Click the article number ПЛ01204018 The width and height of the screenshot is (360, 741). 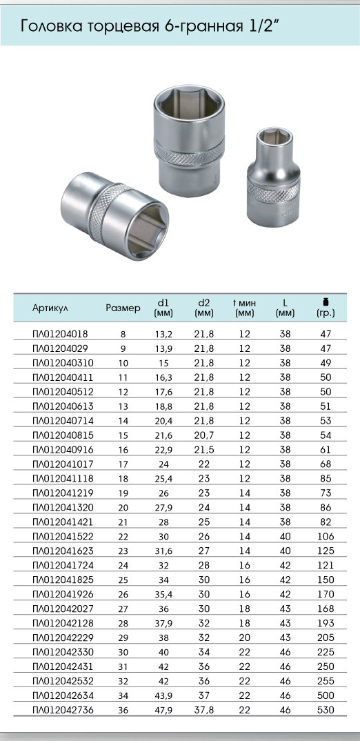(60, 334)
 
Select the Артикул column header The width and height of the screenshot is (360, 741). (50, 308)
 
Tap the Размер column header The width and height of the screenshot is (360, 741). (123, 308)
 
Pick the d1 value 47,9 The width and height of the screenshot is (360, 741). (163, 710)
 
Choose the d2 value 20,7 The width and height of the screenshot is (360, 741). (204, 435)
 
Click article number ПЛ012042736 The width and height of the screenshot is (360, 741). (63, 710)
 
